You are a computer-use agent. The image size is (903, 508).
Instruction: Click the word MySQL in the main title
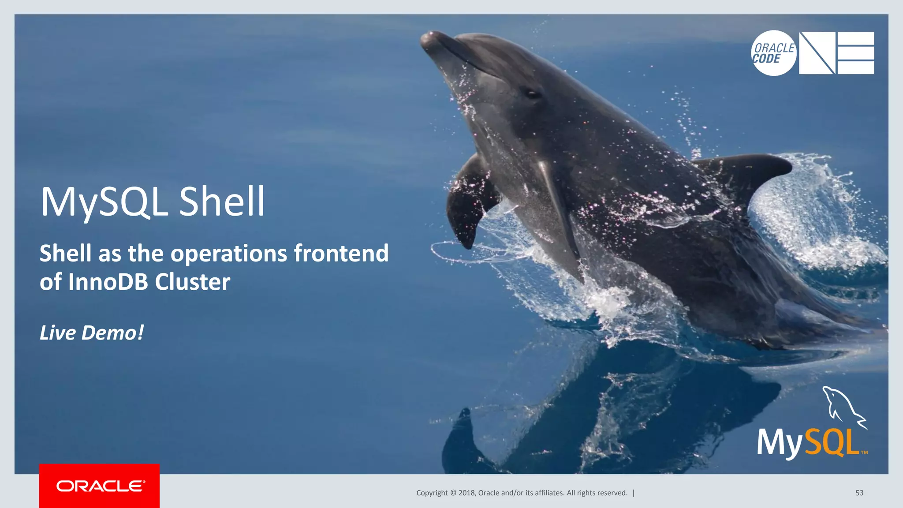coord(104,202)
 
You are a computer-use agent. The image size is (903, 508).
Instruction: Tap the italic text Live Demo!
coord(92,332)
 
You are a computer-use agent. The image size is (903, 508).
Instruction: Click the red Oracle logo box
coord(99,486)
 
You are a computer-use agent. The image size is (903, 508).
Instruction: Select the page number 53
coord(859,493)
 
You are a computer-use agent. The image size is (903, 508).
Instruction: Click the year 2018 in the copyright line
coord(466,493)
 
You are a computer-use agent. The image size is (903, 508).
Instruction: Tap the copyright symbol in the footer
coord(453,493)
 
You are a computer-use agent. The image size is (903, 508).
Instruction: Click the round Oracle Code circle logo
coord(774,53)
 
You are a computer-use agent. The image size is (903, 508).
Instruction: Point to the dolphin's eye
coord(532,93)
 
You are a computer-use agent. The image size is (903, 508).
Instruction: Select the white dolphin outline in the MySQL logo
coord(842,406)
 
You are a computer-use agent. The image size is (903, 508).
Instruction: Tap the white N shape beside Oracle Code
coord(817,53)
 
